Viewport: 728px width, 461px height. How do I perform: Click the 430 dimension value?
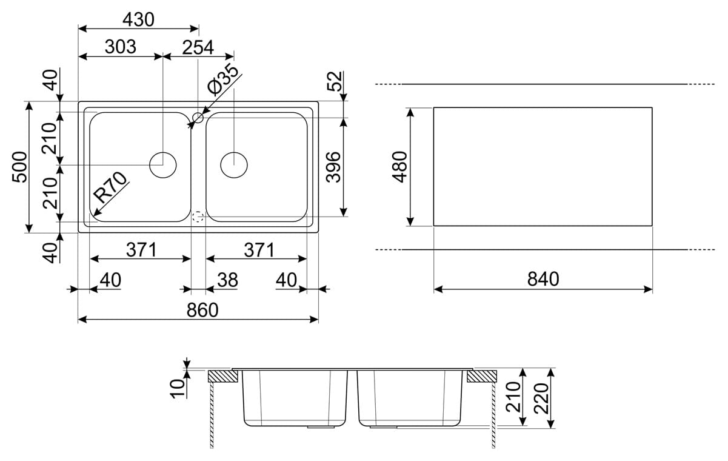pos(138,20)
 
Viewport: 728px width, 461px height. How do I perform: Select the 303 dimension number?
pos(120,47)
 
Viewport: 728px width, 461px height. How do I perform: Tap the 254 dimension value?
pos(198,47)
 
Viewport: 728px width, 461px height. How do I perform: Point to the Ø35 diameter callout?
pos(222,79)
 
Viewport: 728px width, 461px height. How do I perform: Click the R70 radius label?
pos(112,188)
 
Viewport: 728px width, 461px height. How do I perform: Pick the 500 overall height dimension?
pos(20,167)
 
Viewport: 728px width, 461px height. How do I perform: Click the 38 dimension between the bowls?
pos(227,280)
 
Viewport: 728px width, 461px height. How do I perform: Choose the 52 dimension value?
pos(335,81)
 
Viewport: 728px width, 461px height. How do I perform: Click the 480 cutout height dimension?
pos(401,167)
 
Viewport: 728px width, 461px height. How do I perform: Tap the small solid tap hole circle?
pos(198,118)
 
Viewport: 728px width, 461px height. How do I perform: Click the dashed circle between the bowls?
pos(198,217)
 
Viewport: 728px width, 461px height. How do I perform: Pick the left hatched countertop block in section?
pos(221,376)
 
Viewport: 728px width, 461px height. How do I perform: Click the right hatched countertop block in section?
pos(482,376)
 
